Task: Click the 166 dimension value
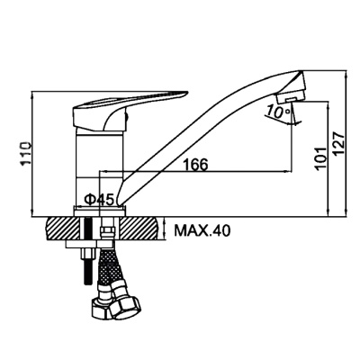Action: pyautogui.click(x=195, y=164)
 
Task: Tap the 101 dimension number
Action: pyautogui.click(x=321, y=159)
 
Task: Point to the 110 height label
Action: pyautogui.click(x=26, y=153)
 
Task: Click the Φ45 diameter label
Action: pyautogui.click(x=99, y=199)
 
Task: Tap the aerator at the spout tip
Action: pyautogui.click(x=291, y=96)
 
